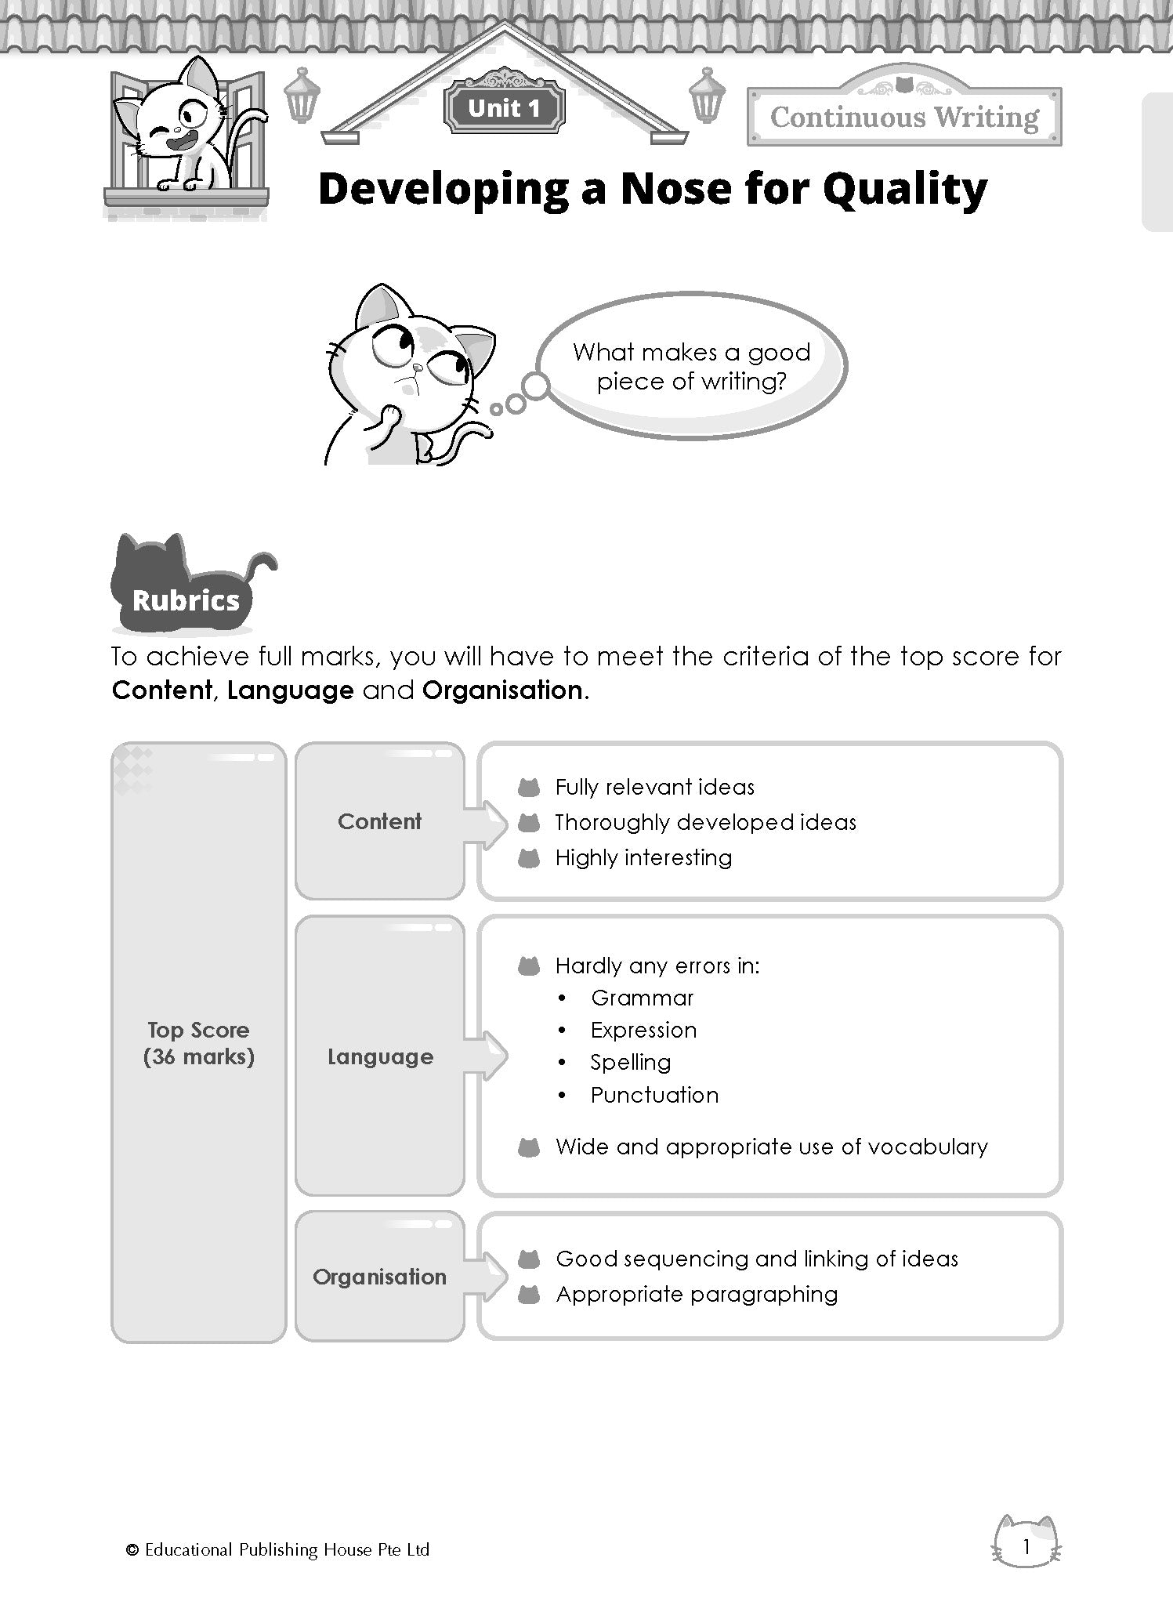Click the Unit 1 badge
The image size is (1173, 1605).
pyautogui.click(x=504, y=108)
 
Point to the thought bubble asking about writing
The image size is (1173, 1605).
pyautogui.click(x=691, y=367)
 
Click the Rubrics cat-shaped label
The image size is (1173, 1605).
pyautogui.click(x=186, y=600)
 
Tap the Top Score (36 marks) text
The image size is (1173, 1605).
pyautogui.click(x=199, y=1043)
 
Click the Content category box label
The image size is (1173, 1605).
pyautogui.click(x=380, y=821)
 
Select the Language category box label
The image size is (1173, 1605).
pyautogui.click(x=380, y=1057)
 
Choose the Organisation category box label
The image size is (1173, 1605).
pyautogui.click(x=380, y=1277)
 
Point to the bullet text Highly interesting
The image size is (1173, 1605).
pyautogui.click(x=643, y=857)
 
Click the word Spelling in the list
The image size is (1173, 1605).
pyautogui.click(x=631, y=1063)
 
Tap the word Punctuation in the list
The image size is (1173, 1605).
pyautogui.click(x=654, y=1095)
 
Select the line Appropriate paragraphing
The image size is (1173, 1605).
pyautogui.click(x=697, y=1294)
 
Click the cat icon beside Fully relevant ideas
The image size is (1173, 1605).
pyautogui.click(x=529, y=787)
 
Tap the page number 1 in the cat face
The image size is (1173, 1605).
pyautogui.click(x=1026, y=1546)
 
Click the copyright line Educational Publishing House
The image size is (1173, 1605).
pyautogui.click(x=278, y=1549)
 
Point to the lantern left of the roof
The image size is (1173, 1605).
pyautogui.click(x=298, y=95)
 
